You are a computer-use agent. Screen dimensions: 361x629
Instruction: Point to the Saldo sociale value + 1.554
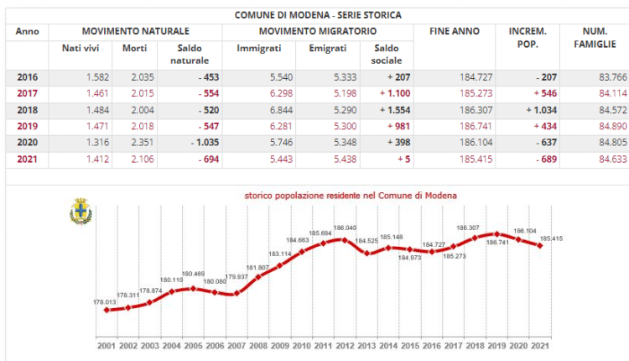pyautogui.click(x=385, y=109)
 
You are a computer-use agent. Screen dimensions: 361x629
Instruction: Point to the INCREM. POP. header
pyautogui.click(x=528, y=37)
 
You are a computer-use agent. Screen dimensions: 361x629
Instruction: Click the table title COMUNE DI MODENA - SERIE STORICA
pyautogui.click(x=317, y=15)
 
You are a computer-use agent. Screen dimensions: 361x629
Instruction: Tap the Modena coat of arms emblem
pyautogui.click(x=81, y=211)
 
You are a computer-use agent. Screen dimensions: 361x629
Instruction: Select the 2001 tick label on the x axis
pyautogui.click(x=106, y=345)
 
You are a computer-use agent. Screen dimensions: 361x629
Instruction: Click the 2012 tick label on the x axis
pyautogui.click(x=343, y=345)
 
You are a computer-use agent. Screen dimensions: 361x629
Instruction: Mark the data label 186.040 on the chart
pyautogui.click(x=344, y=228)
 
